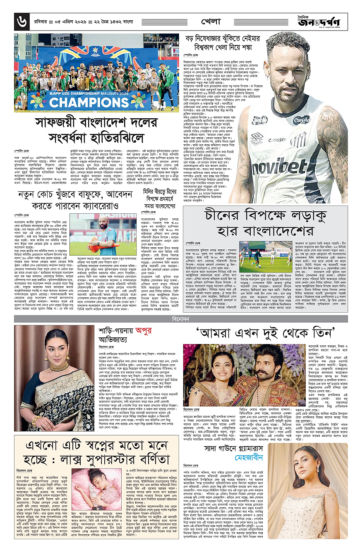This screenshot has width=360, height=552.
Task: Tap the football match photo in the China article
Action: (x=254, y=257)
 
